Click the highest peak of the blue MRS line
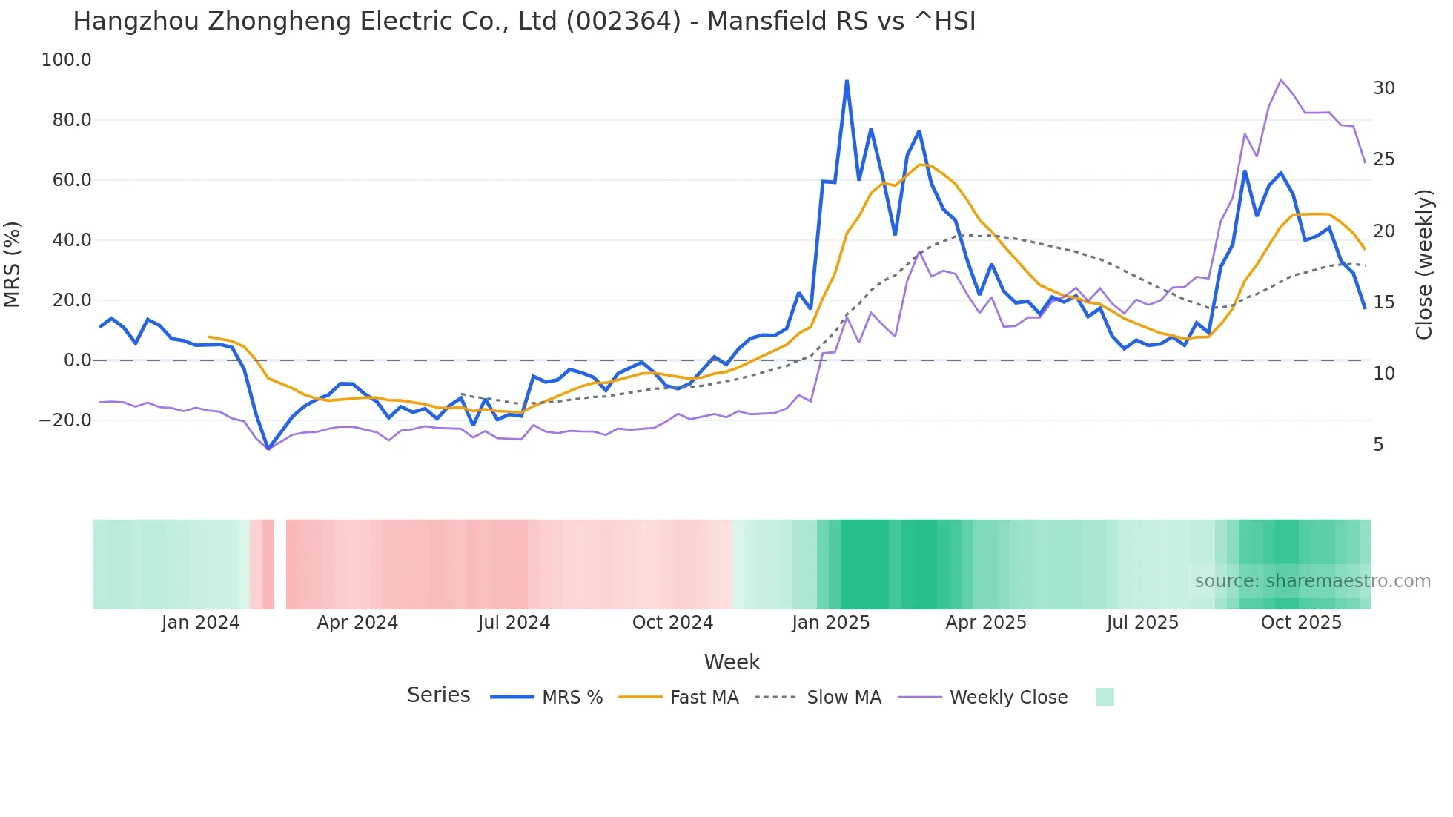click(847, 81)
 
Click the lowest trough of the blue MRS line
click(268, 449)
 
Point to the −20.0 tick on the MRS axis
click(65, 420)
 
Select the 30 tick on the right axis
click(1383, 88)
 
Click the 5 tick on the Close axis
click(1378, 445)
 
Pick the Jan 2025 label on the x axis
click(830, 623)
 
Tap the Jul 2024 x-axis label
click(514, 623)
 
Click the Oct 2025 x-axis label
click(1301, 623)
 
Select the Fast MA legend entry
click(704, 698)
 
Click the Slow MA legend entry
click(844, 698)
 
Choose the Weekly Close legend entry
click(1008, 698)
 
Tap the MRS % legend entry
click(572, 698)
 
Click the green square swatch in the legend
click(1105, 697)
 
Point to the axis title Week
click(732, 662)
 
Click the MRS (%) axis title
click(13, 265)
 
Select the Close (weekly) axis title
click(1423, 265)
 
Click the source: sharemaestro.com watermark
click(1312, 581)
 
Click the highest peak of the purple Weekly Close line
click(1281, 79)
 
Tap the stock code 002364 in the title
click(623, 21)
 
